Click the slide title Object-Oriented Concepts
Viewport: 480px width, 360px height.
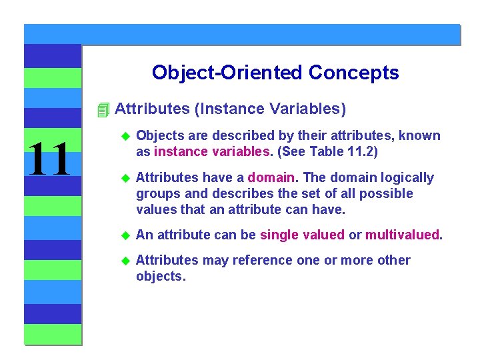pos(275,73)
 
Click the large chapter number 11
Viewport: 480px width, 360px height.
pos(49,160)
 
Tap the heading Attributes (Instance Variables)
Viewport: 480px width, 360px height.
pos(230,109)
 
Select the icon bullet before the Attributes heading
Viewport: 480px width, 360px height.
pos(102,109)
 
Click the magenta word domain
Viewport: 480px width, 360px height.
pos(271,177)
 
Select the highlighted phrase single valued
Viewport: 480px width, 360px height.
pos(302,234)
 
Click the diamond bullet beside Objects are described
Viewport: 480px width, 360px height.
pos(123,136)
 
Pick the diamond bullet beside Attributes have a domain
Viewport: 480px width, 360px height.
pos(123,178)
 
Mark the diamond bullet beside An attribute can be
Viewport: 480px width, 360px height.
pos(123,235)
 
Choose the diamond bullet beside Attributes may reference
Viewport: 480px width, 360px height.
pos(123,261)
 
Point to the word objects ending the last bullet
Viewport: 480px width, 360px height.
pos(160,276)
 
